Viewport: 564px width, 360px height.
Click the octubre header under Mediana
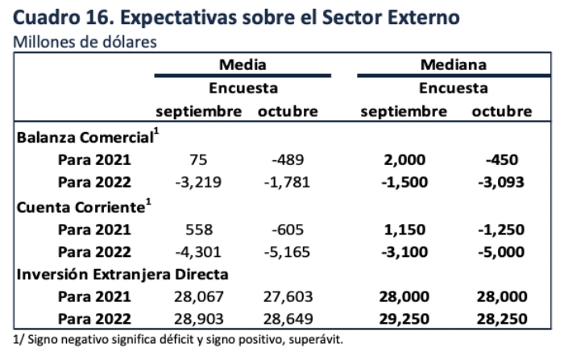pyautogui.click(x=502, y=111)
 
